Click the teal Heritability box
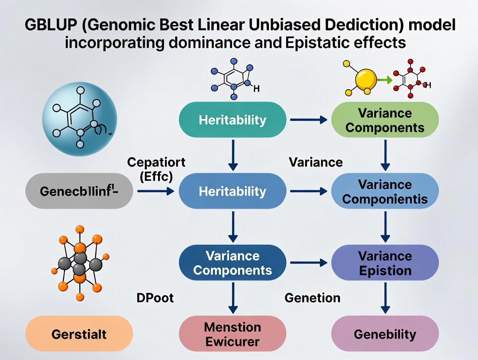coord(233,120)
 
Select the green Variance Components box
coord(385,120)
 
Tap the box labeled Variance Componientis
coord(385,191)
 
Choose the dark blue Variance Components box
coord(233,263)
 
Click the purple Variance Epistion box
coord(385,263)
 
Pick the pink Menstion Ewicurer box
coord(233,334)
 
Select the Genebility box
coord(385,334)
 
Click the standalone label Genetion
coord(312,298)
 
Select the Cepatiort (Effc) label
coord(156,170)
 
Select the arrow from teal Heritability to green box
coord(308,120)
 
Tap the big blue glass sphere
coord(79,117)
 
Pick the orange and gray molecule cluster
coord(79,262)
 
